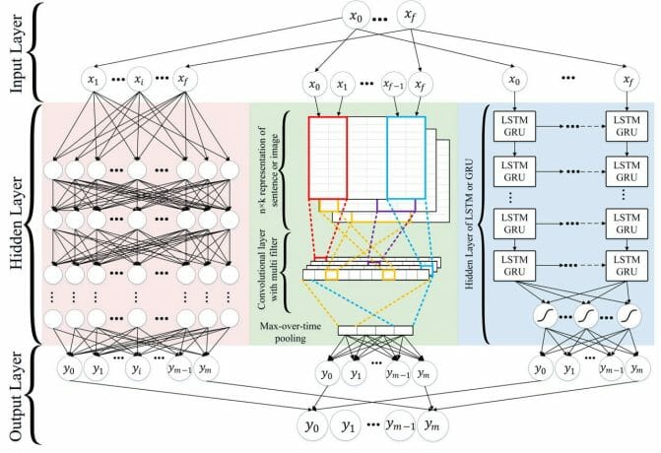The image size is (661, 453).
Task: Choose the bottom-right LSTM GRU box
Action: [625, 261]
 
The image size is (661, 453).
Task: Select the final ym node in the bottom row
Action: [433, 426]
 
